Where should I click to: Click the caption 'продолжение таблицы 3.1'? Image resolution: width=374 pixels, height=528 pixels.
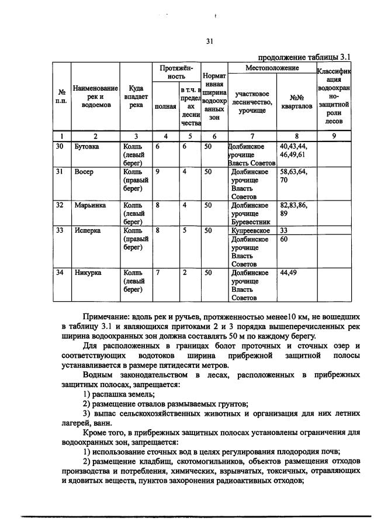[x=303, y=57]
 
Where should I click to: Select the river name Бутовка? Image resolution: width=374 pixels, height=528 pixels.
[x=87, y=147]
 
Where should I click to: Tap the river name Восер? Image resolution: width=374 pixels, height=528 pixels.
[x=84, y=172]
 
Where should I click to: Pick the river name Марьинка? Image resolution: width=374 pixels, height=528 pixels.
[x=88, y=206]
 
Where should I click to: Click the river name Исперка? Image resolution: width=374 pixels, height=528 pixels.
[x=87, y=231]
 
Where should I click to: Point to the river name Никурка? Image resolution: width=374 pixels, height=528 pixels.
[x=87, y=272]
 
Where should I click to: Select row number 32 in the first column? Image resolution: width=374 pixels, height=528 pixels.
[x=60, y=206]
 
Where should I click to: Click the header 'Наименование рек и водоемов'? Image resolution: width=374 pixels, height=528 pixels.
[x=95, y=96]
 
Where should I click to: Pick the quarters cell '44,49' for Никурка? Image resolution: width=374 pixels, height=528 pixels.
[x=289, y=272]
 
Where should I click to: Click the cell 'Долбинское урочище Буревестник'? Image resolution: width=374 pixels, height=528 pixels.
[x=250, y=214]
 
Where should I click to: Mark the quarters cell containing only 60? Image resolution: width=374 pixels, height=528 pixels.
[x=285, y=239]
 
